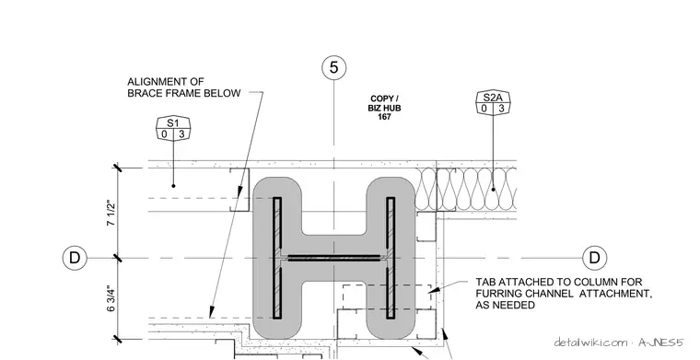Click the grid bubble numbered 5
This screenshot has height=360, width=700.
tap(334, 68)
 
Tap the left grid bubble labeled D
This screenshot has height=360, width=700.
tap(75, 258)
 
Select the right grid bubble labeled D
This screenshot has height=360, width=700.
tap(595, 258)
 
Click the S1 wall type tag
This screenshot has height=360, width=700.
tap(173, 129)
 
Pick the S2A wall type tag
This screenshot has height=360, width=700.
tap(493, 102)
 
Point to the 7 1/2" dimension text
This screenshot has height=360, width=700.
tap(111, 213)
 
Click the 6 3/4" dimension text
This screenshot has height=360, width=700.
tap(111, 298)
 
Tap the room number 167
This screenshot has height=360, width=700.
tap(384, 117)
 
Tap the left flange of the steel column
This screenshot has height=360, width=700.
tap(277, 258)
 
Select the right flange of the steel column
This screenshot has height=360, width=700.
tap(391, 258)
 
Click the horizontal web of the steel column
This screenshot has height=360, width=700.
tap(334, 258)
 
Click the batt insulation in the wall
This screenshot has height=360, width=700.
tap(466, 189)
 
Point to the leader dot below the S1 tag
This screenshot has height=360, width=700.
tap(174, 186)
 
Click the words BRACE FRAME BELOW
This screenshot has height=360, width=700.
tap(184, 93)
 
